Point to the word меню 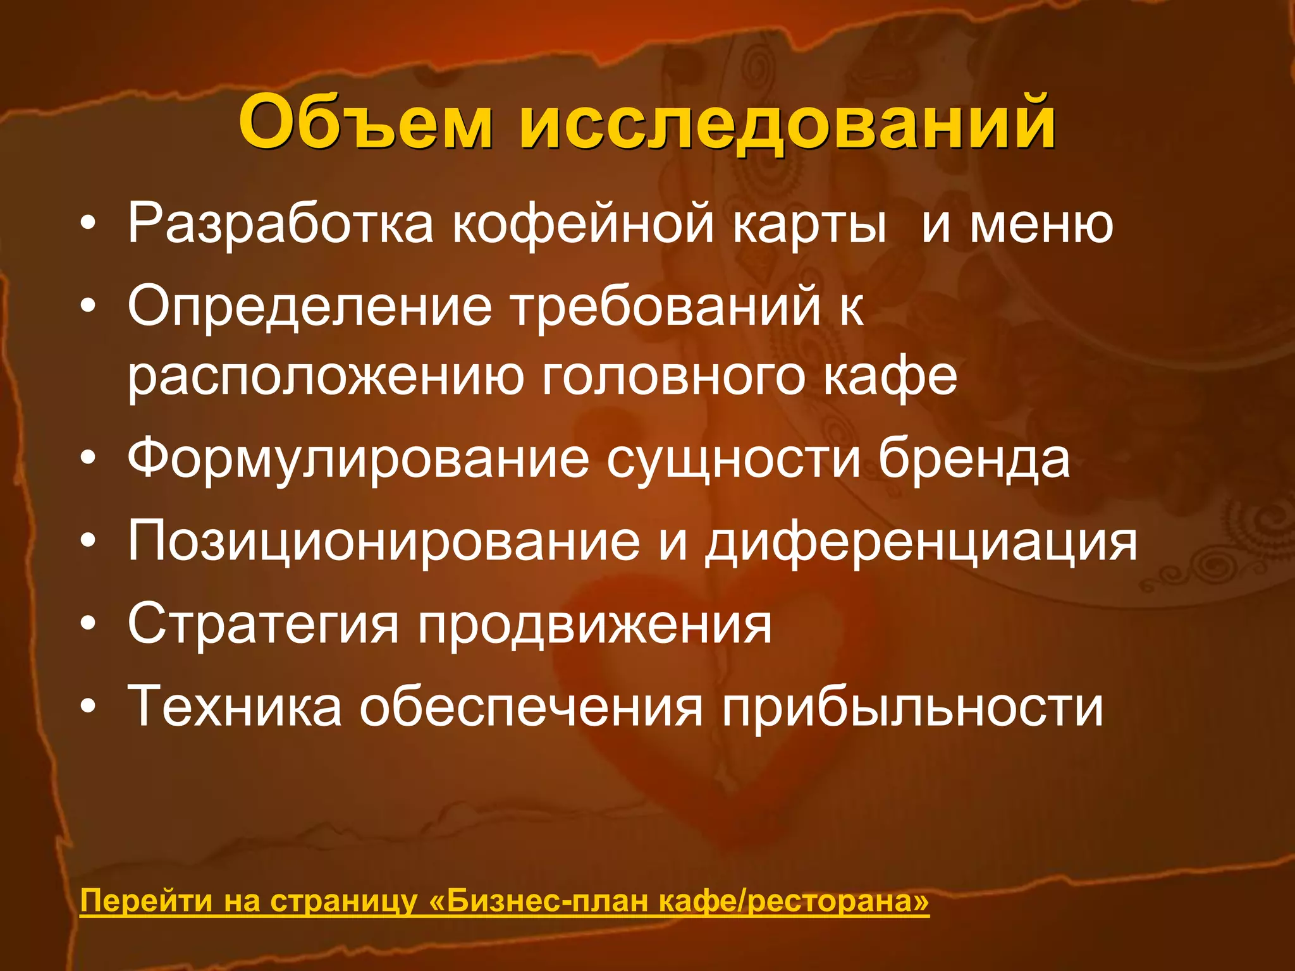[1041, 224]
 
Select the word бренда [973, 460]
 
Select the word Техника [235, 707]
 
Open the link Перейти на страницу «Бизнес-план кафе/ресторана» [505, 901]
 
